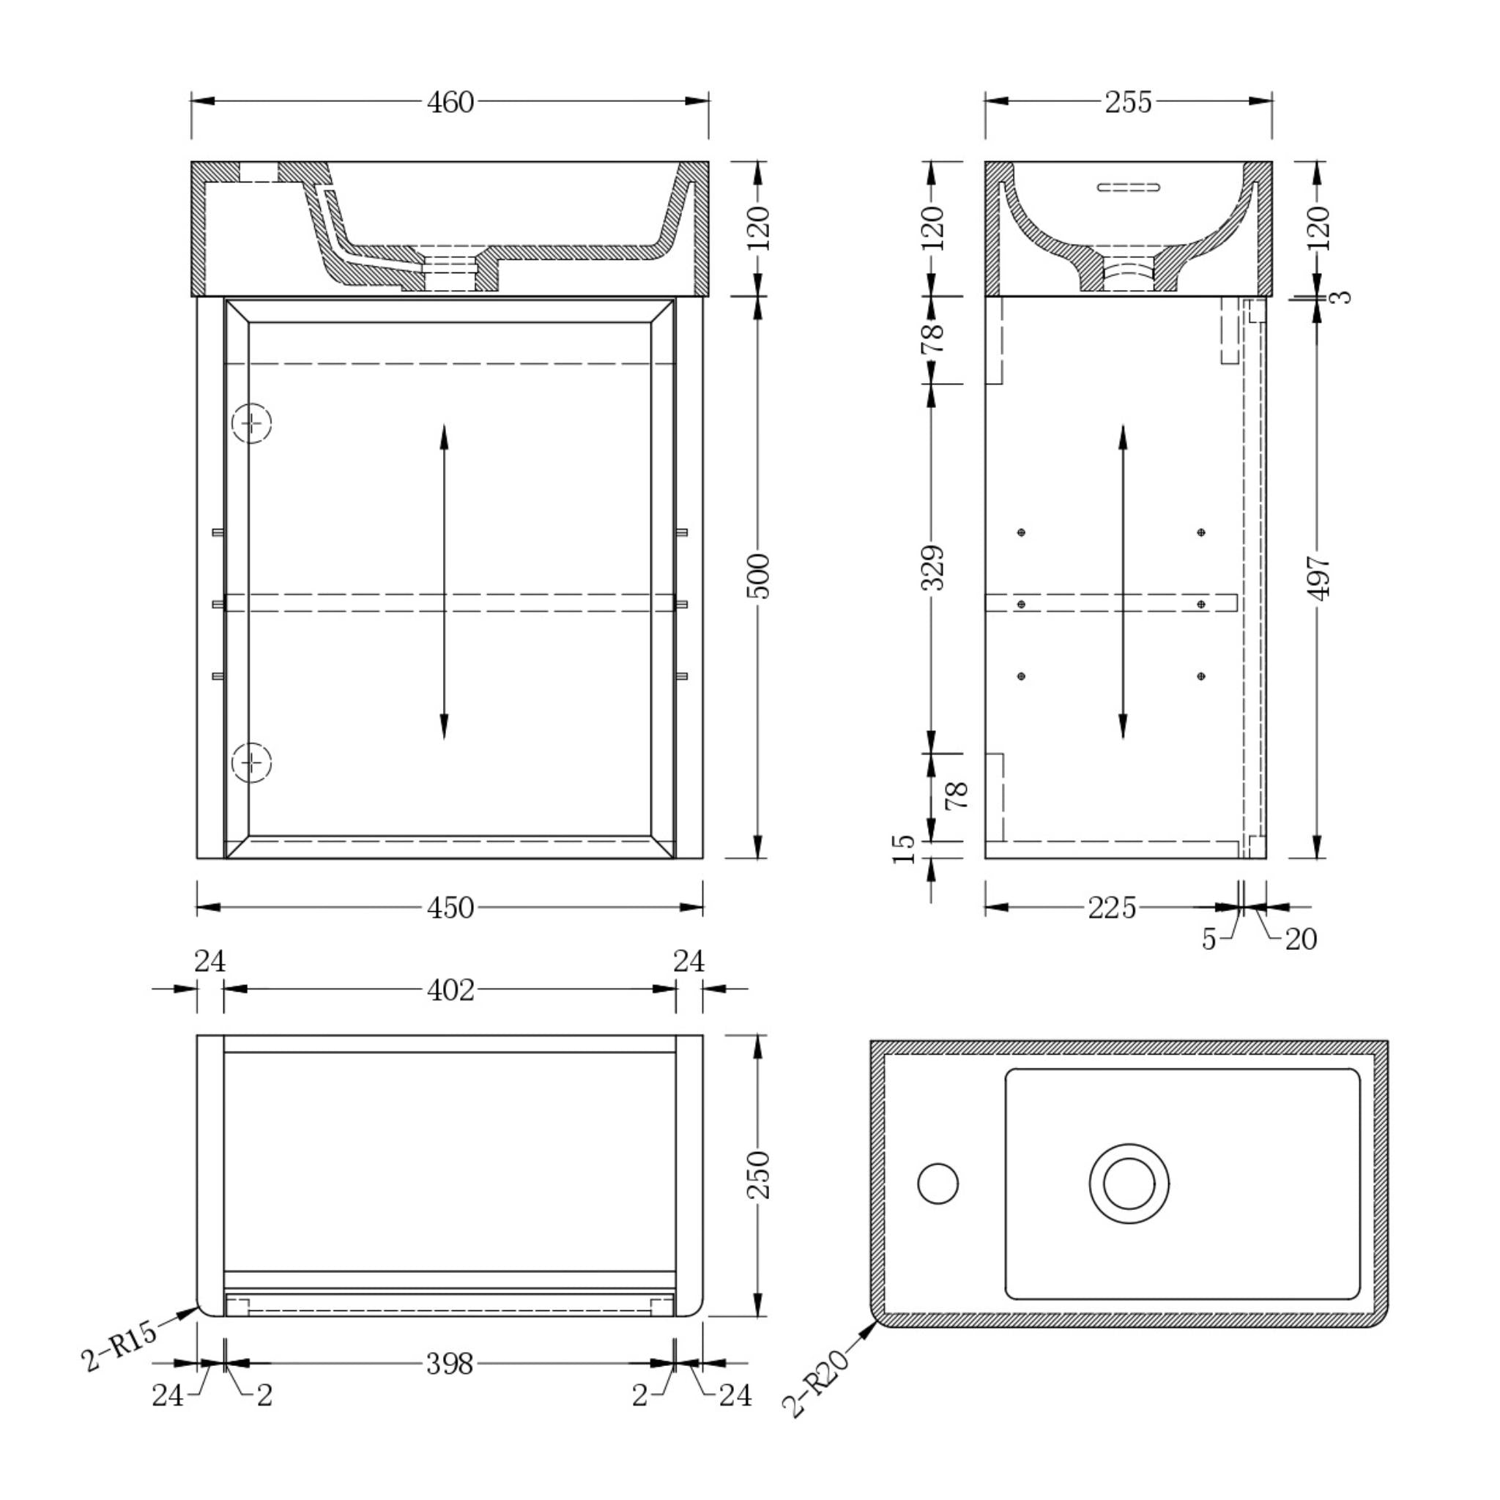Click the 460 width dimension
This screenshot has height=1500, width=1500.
click(x=450, y=102)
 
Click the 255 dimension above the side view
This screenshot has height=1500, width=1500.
click(x=1128, y=102)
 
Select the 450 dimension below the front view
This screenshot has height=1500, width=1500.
click(x=450, y=907)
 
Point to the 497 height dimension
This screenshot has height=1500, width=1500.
click(x=1318, y=576)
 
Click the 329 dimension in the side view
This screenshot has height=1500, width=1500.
click(x=933, y=568)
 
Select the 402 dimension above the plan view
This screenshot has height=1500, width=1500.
click(x=450, y=990)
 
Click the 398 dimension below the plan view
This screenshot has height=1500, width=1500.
click(x=450, y=1363)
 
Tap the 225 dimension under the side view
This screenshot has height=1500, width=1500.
click(x=1111, y=907)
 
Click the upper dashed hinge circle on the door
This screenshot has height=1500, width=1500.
click(x=251, y=423)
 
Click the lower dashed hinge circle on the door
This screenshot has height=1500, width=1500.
click(x=251, y=762)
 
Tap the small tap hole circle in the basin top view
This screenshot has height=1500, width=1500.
click(x=938, y=1184)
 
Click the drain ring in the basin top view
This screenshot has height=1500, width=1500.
click(x=1129, y=1184)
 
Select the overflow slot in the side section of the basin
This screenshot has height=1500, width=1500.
click(x=1128, y=187)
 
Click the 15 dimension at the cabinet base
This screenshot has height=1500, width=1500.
click(x=905, y=850)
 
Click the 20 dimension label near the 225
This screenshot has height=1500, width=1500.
click(x=1302, y=940)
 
